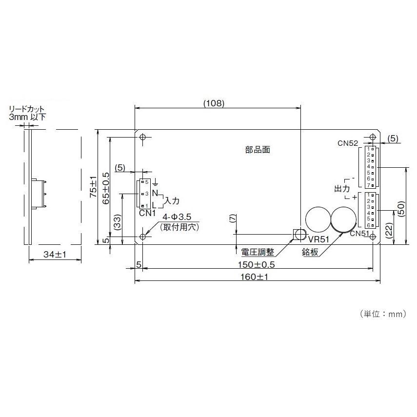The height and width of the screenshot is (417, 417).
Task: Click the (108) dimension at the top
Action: [x=214, y=103]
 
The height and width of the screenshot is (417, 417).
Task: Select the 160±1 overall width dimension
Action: [x=255, y=277]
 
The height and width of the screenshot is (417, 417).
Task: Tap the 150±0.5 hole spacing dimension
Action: [x=256, y=265]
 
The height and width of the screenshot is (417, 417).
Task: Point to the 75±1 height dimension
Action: [x=94, y=187]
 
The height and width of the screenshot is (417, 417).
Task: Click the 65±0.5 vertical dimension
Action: [x=106, y=188]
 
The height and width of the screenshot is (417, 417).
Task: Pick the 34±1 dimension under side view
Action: [x=55, y=255]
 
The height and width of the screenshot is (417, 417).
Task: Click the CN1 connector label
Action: [x=147, y=213]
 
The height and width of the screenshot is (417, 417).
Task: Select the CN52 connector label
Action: [x=348, y=143]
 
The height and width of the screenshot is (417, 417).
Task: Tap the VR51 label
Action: [x=318, y=239]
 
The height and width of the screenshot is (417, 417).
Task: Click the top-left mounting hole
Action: [x=143, y=137]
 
